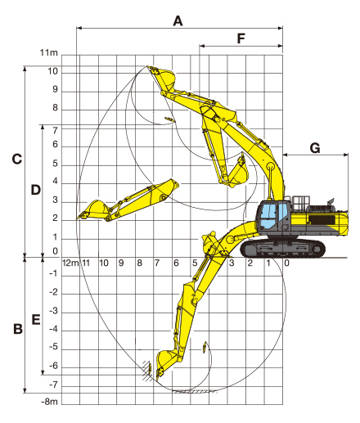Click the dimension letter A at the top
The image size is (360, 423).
click(178, 21)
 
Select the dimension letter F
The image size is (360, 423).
click(241, 38)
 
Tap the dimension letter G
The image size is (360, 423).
click(315, 148)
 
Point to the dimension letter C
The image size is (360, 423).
click(17, 159)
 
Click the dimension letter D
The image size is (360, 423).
click(36, 190)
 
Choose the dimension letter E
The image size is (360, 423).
click(36, 319)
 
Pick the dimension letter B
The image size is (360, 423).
click(18, 329)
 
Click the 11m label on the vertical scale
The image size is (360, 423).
click(49, 52)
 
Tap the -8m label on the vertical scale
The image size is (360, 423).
click(50, 402)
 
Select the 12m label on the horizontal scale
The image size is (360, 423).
click(70, 263)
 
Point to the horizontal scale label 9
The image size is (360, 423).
click(121, 263)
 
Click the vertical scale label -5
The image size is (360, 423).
click(53, 347)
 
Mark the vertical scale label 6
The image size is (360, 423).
click(56, 144)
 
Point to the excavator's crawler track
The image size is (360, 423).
click(283, 249)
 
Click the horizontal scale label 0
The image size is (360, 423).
click(286, 263)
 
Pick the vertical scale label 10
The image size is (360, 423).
click(53, 71)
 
